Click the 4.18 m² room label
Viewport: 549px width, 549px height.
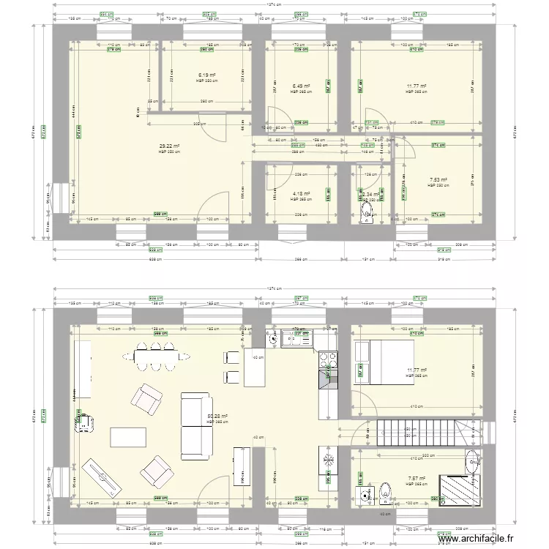[x=301, y=195]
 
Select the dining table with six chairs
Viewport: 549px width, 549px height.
[x=155, y=356]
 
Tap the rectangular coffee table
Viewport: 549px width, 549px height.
[x=127, y=437]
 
